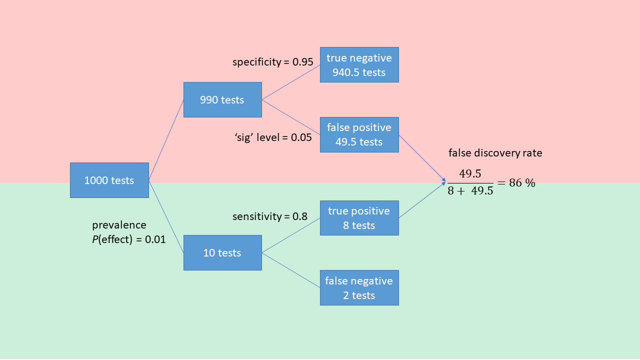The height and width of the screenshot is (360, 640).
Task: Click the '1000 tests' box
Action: click(109, 180)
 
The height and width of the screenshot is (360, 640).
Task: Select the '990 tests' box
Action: click(222, 99)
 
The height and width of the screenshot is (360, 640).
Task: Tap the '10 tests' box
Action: click(222, 252)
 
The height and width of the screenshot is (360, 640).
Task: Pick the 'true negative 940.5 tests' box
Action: click(359, 65)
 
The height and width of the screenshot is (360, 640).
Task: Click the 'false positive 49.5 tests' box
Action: click(359, 134)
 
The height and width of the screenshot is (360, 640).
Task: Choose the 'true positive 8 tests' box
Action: click(359, 218)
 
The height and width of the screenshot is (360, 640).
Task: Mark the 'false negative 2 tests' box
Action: click(359, 287)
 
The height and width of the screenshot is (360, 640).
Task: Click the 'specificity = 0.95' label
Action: click(273, 62)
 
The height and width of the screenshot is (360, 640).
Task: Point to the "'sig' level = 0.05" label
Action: click(273, 137)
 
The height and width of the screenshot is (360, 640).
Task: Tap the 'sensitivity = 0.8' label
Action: click(270, 216)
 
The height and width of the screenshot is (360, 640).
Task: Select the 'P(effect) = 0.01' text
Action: click(129, 239)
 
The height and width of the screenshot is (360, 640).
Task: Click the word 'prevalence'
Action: click(119, 225)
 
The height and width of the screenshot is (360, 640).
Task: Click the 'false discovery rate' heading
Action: click(495, 153)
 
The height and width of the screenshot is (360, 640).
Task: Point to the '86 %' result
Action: click(522, 183)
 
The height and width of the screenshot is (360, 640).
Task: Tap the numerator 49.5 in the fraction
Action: click(470, 174)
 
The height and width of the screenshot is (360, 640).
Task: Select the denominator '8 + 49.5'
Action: click(470, 191)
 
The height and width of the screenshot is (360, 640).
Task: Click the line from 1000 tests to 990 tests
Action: click(166, 139)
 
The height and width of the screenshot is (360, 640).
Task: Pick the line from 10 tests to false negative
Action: click(291, 270)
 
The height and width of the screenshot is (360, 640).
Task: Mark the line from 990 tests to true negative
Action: click(291, 82)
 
